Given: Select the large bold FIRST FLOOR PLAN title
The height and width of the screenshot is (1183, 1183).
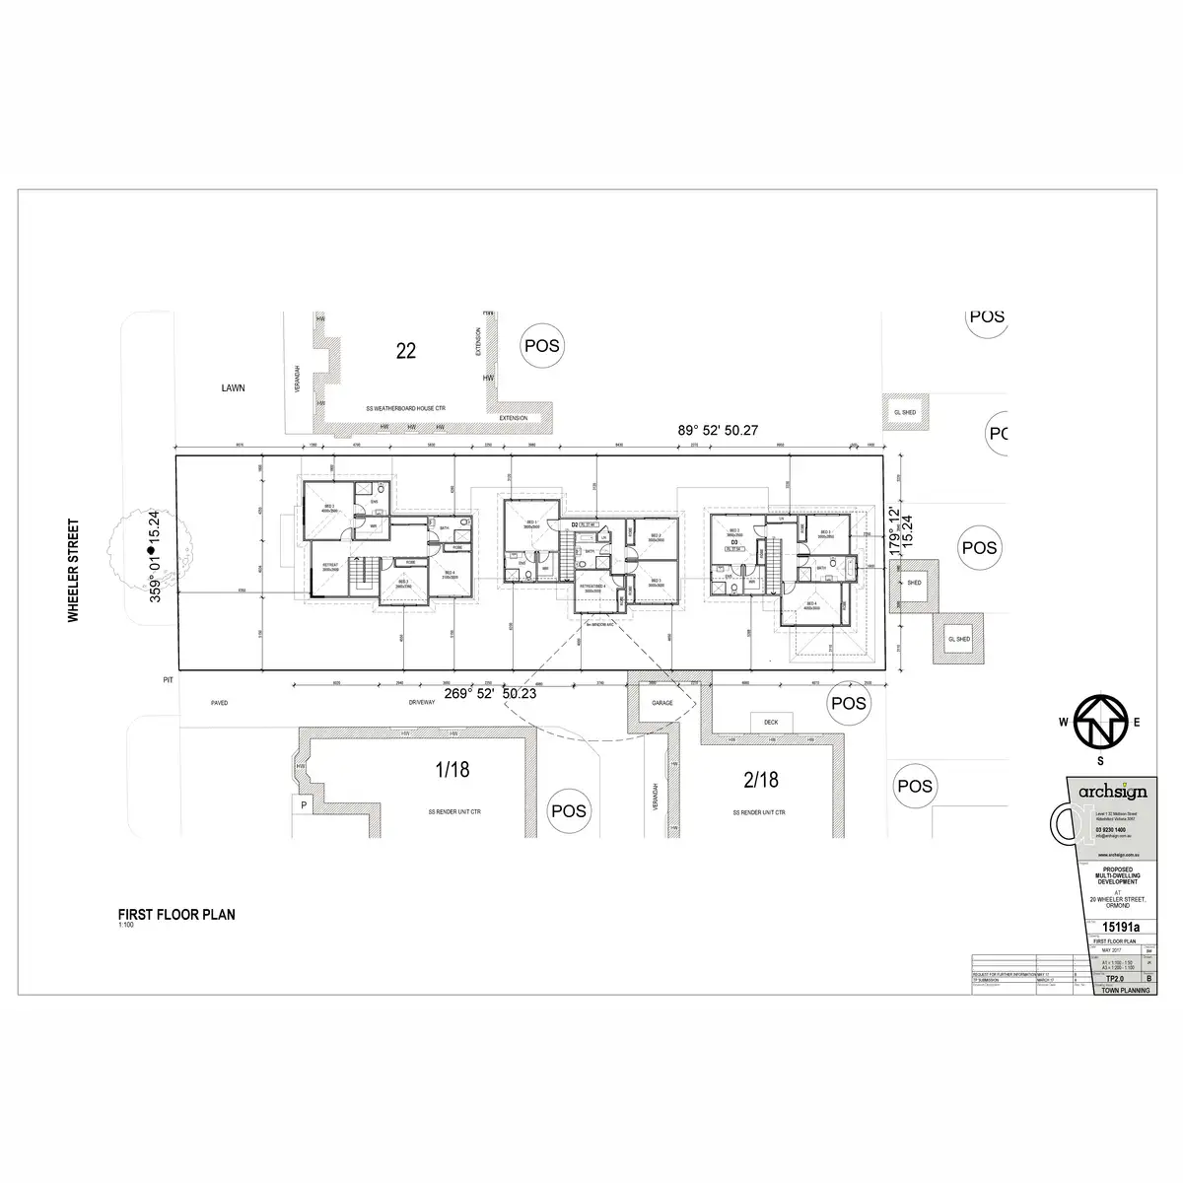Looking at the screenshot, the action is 176,914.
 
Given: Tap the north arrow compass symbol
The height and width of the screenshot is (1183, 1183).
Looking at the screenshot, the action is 1100,723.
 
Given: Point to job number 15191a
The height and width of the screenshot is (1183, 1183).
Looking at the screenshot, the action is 1120,927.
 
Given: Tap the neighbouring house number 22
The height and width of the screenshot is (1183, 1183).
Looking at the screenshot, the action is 405,350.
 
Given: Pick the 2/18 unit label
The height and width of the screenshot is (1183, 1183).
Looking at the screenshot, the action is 760,780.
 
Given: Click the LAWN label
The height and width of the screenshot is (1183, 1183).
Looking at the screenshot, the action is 234,388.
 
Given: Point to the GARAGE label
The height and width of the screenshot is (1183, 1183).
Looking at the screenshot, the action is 662,704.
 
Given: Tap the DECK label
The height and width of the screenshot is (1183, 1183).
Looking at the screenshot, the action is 771,723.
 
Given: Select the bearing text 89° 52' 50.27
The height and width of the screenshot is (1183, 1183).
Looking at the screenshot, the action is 719,429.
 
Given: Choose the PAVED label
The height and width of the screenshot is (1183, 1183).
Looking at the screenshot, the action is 219,703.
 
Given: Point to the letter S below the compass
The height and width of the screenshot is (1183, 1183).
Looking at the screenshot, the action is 1100,760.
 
